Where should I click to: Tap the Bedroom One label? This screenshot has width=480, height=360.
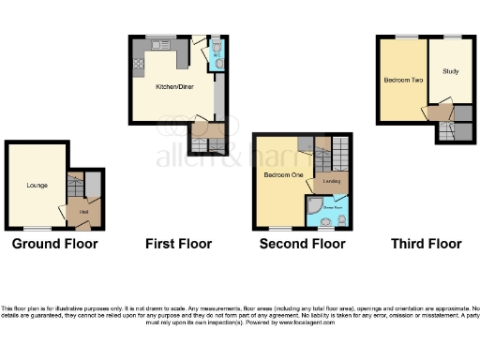[279, 175]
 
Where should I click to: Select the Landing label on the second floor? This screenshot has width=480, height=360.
[331, 181]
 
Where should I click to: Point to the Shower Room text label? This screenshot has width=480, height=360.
[334, 199]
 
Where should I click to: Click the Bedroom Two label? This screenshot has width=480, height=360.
[400, 81]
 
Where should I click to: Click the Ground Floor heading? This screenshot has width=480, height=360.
[54, 244]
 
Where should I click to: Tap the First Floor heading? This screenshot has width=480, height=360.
[178, 244]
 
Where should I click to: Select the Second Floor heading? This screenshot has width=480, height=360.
[302, 244]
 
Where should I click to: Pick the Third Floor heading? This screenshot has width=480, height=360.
[426, 244]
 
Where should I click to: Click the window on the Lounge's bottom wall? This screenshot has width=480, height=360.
[37, 229]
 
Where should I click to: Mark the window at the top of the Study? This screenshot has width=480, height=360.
[452, 37]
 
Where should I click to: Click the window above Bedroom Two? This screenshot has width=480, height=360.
[406, 37]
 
